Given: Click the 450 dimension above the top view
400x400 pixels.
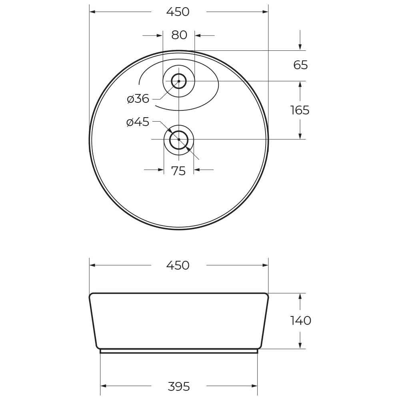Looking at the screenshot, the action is [178, 12].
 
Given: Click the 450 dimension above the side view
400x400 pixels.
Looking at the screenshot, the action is [178, 266].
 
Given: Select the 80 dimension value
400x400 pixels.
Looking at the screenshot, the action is [179, 35].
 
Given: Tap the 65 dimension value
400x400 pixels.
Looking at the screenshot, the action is [300, 65].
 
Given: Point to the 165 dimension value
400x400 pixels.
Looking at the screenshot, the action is [300, 110].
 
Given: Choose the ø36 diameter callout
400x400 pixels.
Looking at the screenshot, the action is [138, 99].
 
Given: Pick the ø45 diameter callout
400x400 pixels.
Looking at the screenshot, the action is [138, 122].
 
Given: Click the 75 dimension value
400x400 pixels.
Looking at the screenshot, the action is [178, 171].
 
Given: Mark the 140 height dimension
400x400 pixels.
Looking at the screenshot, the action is [300, 321].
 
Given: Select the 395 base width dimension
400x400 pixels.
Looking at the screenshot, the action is [178, 387].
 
